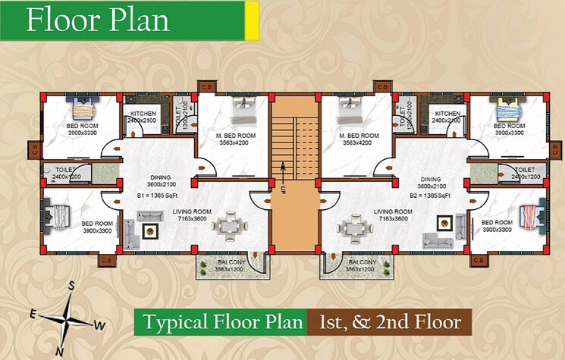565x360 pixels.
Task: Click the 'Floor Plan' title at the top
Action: [x=98, y=20]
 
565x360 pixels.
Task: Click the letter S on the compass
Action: [x=71, y=286]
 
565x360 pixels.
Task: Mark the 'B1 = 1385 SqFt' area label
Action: [x=155, y=195]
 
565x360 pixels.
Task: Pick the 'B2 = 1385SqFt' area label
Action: [x=430, y=195]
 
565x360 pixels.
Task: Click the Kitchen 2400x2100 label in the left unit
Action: [x=142, y=117]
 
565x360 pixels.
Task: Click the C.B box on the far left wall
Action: [x=34, y=152]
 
